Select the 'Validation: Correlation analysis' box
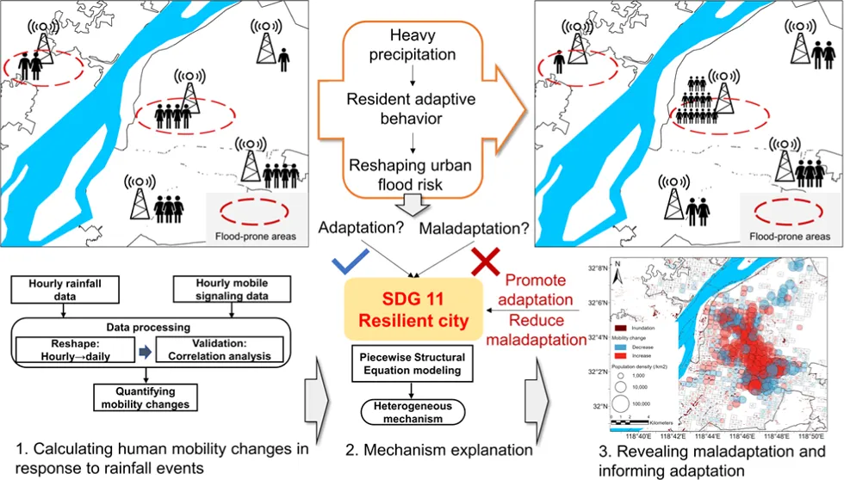point(220,350)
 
